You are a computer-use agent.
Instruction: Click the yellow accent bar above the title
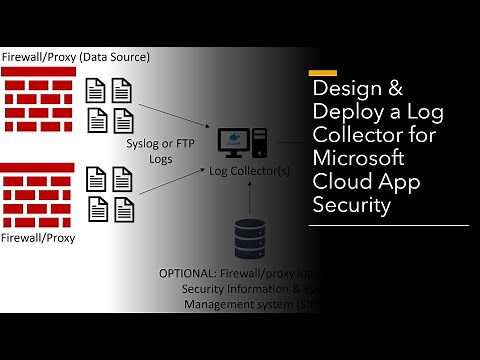pos(322,73)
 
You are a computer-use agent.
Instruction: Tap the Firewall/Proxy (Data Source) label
pos(76,56)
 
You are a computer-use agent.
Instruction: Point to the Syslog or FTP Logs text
pos(158,150)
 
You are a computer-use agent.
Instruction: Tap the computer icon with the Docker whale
pos(244,140)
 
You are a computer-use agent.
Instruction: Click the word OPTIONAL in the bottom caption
pos(188,273)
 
